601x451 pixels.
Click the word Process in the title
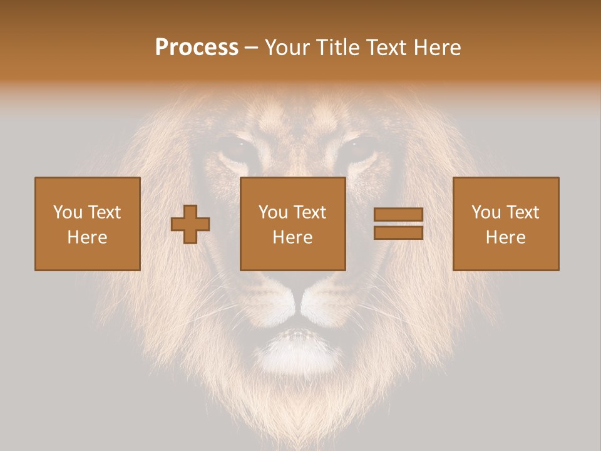tap(197, 48)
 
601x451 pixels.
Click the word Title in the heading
tap(337, 48)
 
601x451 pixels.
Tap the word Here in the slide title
tap(435, 48)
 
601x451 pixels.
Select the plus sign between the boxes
tap(190, 224)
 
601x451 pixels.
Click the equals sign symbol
tap(398, 224)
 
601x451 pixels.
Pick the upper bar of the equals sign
tap(398, 215)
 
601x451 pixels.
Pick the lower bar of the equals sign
tap(398, 232)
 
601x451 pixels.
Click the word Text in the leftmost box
tap(104, 212)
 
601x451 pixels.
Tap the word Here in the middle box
tap(292, 237)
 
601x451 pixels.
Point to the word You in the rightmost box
tap(486, 212)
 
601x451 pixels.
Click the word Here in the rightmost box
tap(505, 237)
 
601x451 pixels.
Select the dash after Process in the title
tap(251, 48)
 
